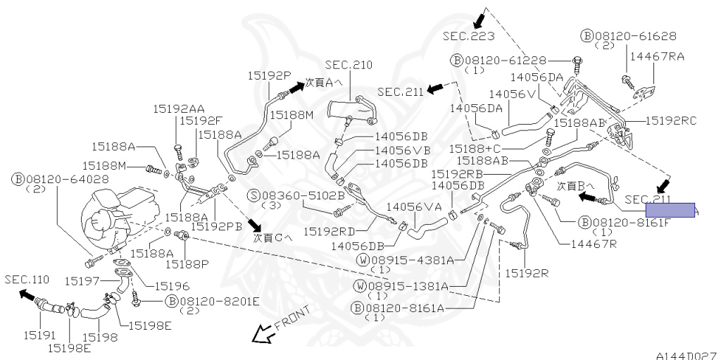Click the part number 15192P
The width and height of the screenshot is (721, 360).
(x=269, y=75)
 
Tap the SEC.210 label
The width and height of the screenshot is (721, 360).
(x=348, y=65)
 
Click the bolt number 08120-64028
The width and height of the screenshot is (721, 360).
(x=67, y=180)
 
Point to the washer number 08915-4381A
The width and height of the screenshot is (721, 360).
(x=415, y=260)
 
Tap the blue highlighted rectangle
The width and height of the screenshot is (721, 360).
(x=670, y=210)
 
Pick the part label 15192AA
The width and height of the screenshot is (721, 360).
(x=180, y=108)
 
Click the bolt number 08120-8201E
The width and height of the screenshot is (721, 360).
(x=219, y=302)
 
